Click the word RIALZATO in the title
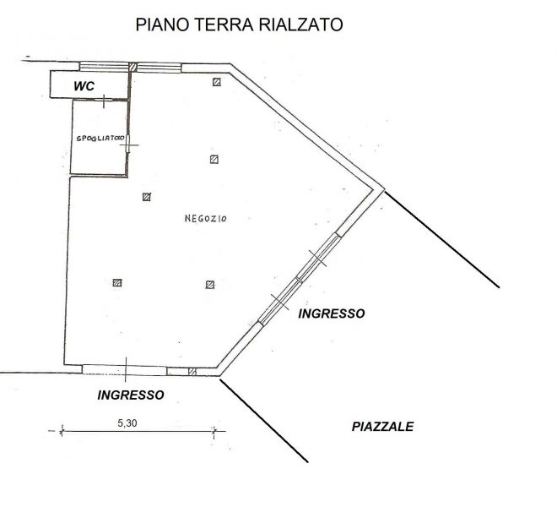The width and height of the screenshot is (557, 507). point(300,25)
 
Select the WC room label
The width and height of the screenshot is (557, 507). point(84,86)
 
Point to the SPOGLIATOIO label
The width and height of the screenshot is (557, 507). point(100,139)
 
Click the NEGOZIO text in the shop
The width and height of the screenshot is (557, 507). point(205,219)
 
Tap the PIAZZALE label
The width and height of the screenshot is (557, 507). point(382,426)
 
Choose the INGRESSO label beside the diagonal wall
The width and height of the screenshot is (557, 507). point(332,313)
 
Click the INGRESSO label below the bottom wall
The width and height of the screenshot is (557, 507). point(131,395)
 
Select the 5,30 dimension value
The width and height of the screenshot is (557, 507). point(127,423)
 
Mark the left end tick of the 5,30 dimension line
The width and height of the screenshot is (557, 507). point(62,431)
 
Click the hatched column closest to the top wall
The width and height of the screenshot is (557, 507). point(217,82)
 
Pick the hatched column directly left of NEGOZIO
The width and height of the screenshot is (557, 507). point(146,197)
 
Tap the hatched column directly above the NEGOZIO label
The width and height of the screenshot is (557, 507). point(214,159)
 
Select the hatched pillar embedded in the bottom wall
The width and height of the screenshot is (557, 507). point(192,372)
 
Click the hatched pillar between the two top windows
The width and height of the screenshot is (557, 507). point(132,67)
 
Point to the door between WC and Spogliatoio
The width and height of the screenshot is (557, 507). point(104,101)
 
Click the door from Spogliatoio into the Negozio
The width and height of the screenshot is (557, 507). point(128,144)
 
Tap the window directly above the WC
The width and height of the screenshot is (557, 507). point(104,66)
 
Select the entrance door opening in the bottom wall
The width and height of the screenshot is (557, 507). point(125,369)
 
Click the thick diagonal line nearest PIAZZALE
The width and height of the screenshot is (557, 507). point(264,421)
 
